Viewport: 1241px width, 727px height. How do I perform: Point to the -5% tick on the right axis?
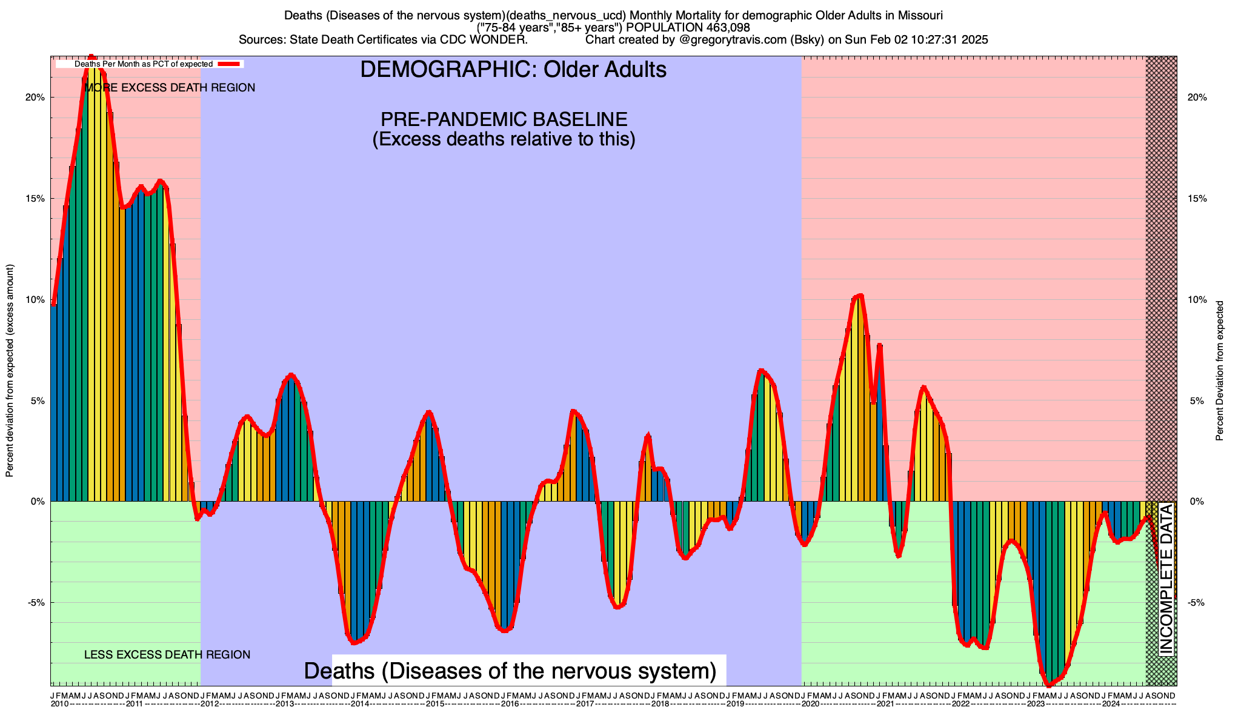coord(1196,603)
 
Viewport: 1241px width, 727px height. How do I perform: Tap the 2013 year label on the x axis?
coord(284,704)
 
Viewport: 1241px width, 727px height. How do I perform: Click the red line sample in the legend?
coord(230,64)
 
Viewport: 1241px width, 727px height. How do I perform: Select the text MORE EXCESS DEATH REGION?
coord(170,88)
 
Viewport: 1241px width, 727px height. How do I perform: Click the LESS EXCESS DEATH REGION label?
coord(167,655)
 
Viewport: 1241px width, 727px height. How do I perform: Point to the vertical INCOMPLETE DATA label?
coord(1166,579)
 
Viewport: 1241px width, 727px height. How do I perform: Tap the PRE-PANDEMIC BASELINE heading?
coord(504,119)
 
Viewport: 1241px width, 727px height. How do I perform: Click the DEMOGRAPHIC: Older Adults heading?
coord(513,70)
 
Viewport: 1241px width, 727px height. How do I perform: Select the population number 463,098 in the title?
coord(720,28)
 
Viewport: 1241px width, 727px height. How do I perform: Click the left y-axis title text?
coord(10,371)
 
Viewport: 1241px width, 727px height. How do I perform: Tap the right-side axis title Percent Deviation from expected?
coord(1220,371)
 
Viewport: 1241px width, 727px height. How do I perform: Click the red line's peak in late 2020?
coord(859,296)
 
